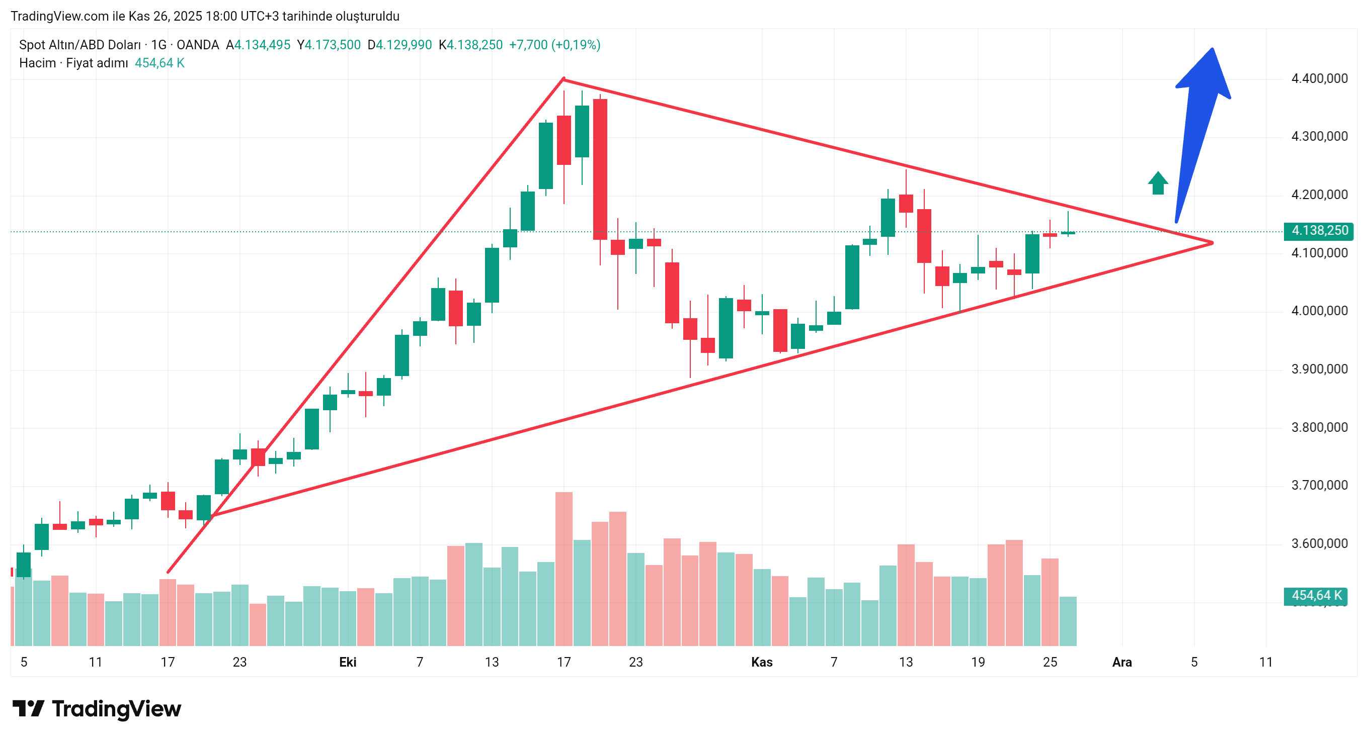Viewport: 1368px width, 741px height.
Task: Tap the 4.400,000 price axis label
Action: [x=1319, y=78]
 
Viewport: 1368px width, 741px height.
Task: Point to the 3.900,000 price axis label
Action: [x=1319, y=369]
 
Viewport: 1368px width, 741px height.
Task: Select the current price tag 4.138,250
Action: [x=1319, y=230]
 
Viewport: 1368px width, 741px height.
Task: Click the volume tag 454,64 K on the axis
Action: [x=1316, y=596]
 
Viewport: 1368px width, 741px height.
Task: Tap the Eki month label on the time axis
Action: [x=348, y=662]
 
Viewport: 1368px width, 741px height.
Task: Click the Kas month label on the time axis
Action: [x=762, y=662]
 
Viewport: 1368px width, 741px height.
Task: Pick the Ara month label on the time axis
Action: [x=1121, y=662]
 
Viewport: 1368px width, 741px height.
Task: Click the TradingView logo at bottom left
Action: [x=97, y=709]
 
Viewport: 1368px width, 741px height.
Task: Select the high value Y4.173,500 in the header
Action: [x=329, y=45]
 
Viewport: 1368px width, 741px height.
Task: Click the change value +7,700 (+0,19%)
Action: [x=554, y=45]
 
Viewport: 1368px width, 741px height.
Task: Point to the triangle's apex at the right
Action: [x=1212, y=243]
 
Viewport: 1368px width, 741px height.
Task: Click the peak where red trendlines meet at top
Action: [x=564, y=79]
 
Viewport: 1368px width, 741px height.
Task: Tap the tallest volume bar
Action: [x=564, y=568]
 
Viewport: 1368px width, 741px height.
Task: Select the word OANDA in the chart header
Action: [x=198, y=45]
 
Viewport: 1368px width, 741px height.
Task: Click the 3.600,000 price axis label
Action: [x=1319, y=543]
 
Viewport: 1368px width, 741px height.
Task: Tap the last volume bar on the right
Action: [x=1068, y=621]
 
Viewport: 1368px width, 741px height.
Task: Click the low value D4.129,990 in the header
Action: [x=400, y=45]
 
